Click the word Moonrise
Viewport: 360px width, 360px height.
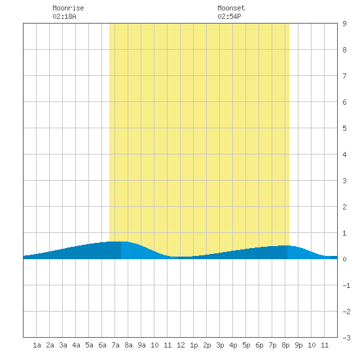[68, 8]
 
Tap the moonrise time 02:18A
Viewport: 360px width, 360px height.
[64, 16]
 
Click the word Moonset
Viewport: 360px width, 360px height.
[231, 8]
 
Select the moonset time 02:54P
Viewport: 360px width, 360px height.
[229, 16]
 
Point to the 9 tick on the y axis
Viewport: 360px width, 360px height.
[344, 24]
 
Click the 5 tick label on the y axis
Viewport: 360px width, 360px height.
[344, 128]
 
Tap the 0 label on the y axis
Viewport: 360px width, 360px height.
[344, 259]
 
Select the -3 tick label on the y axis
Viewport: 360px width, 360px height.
[346, 338]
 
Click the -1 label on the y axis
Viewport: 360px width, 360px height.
[346, 285]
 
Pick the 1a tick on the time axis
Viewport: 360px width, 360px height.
[37, 345]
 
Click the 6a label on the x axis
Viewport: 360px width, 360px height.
[102, 345]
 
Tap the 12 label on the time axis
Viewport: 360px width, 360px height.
[181, 345]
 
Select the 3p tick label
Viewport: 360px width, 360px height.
[220, 345]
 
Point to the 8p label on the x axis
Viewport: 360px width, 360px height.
[285, 345]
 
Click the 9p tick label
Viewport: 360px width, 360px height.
[298, 345]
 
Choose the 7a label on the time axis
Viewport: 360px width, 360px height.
[115, 345]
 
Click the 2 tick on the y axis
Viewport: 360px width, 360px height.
[344, 207]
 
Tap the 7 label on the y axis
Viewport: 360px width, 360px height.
[344, 76]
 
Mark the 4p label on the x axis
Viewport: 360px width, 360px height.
[233, 345]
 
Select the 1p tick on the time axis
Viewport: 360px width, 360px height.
[194, 345]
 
